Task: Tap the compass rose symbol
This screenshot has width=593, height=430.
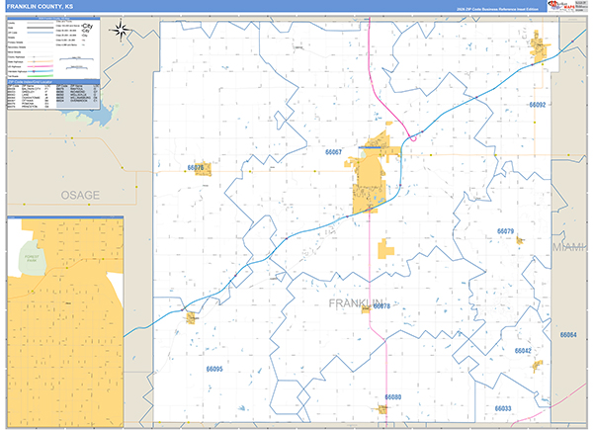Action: (x=121, y=29)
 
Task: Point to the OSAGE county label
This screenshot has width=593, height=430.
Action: (x=79, y=195)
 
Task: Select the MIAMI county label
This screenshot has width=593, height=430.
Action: (x=571, y=244)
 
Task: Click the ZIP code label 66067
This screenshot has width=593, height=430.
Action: (x=333, y=152)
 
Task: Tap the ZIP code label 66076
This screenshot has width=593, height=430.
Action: (x=195, y=168)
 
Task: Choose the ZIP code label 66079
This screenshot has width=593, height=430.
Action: (x=505, y=231)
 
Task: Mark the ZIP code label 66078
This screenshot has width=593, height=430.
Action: (x=382, y=306)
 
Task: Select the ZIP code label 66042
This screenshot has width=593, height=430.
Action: (x=523, y=351)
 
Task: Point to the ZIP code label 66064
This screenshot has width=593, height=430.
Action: (x=567, y=335)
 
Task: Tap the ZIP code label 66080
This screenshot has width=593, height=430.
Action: (x=392, y=397)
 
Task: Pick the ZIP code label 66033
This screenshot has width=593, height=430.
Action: (x=502, y=408)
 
